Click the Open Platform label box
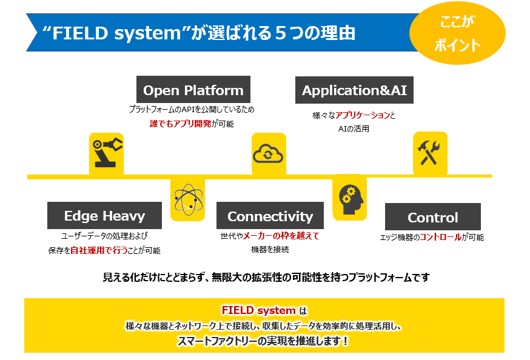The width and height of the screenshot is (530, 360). pos(193,90)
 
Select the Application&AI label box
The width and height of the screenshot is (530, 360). pos(354,90)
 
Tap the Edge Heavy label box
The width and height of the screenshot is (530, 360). pos(104,216)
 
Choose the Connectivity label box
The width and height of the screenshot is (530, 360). pos(270,216)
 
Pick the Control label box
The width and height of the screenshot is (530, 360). pos(433,217)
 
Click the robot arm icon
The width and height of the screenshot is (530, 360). pos(106,153)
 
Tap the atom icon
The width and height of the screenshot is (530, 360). pos(187,199)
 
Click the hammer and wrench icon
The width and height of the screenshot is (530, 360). pos(431,152)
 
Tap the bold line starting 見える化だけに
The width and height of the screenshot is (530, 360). pos(266,278)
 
